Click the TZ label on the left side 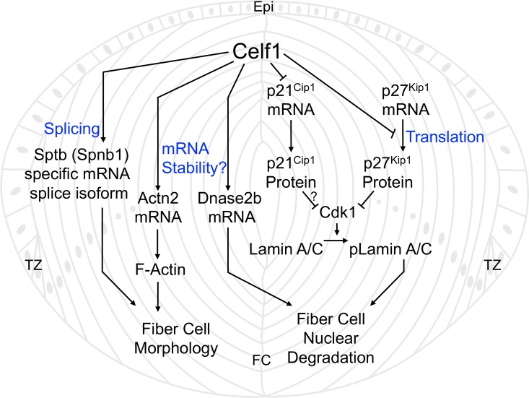point(32,265)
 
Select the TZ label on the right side point(493,265)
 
